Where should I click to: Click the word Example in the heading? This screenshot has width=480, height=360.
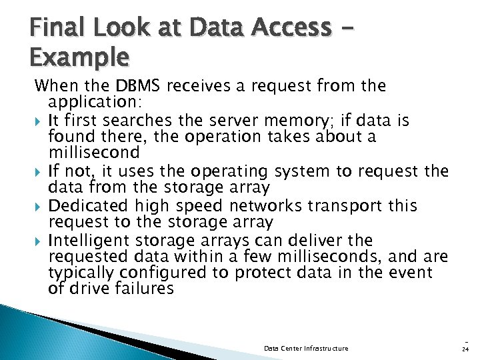(x=80, y=58)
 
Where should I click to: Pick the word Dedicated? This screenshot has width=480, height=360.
(x=90, y=206)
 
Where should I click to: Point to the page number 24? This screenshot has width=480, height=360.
(x=464, y=348)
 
